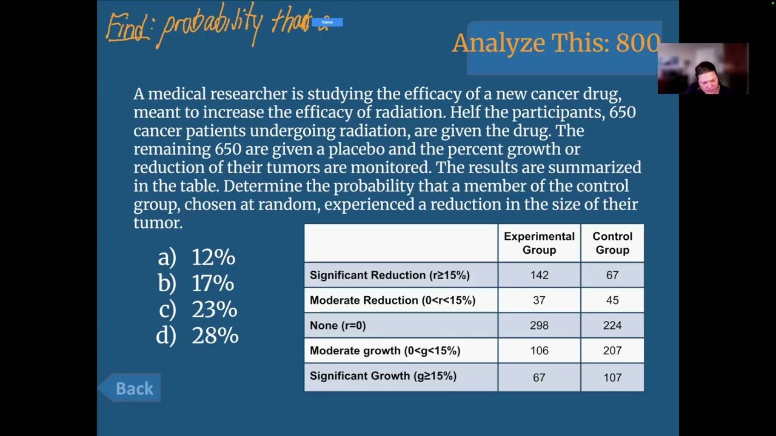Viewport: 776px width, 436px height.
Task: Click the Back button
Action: (130, 388)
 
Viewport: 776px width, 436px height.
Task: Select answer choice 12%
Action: (196, 257)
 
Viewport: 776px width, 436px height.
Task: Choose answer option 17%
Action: (196, 283)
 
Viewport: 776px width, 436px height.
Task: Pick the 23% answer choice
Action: (198, 309)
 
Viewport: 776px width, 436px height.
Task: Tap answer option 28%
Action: (197, 335)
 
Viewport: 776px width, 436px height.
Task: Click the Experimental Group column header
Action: (539, 243)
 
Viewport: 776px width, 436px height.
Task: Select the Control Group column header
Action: (612, 243)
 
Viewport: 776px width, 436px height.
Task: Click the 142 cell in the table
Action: (540, 275)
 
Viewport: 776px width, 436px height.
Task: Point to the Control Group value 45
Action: (612, 300)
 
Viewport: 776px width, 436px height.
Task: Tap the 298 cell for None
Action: (540, 325)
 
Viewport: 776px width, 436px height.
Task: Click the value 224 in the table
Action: (612, 325)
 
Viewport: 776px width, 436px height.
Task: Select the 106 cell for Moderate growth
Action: (540, 351)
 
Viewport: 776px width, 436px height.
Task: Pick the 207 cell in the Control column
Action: (612, 351)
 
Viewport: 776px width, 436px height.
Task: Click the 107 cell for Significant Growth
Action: (612, 377)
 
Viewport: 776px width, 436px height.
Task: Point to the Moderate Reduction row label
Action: (392, 300)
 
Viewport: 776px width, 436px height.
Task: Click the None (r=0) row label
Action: (338, 326)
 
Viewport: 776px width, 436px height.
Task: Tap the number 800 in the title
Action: (638, 43)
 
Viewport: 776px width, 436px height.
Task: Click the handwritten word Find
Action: (127, 27)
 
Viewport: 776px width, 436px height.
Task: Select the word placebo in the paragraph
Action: (356, 149)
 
